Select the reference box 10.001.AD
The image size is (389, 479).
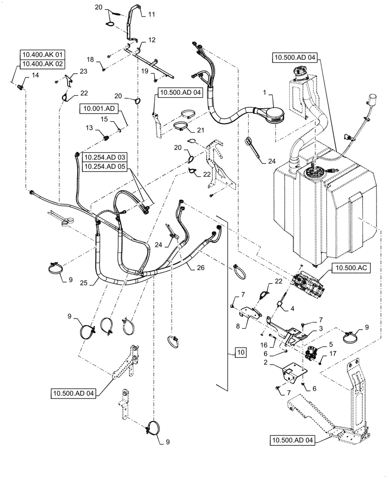click(98, 110)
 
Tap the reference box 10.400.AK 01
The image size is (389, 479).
click(42, 54)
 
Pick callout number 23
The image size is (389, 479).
click(84, 71)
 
